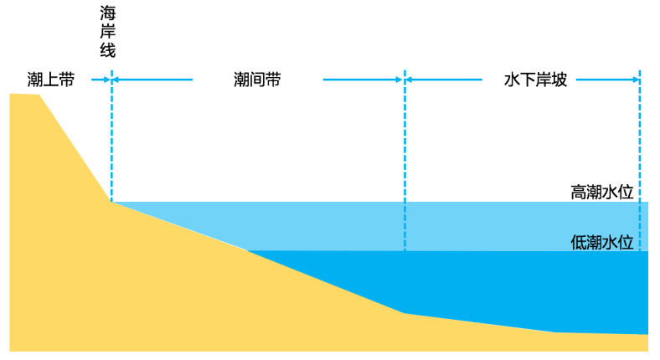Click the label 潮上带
tap(51, 80)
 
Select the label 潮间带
tap(257, 80)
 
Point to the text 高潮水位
tap(601, 192)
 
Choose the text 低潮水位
tap(601, 243)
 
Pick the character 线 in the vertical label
tap(107, 49)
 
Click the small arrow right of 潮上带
tap(106, 80)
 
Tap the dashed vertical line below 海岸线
tap(111, 142)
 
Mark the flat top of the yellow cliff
tap(24, 95)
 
